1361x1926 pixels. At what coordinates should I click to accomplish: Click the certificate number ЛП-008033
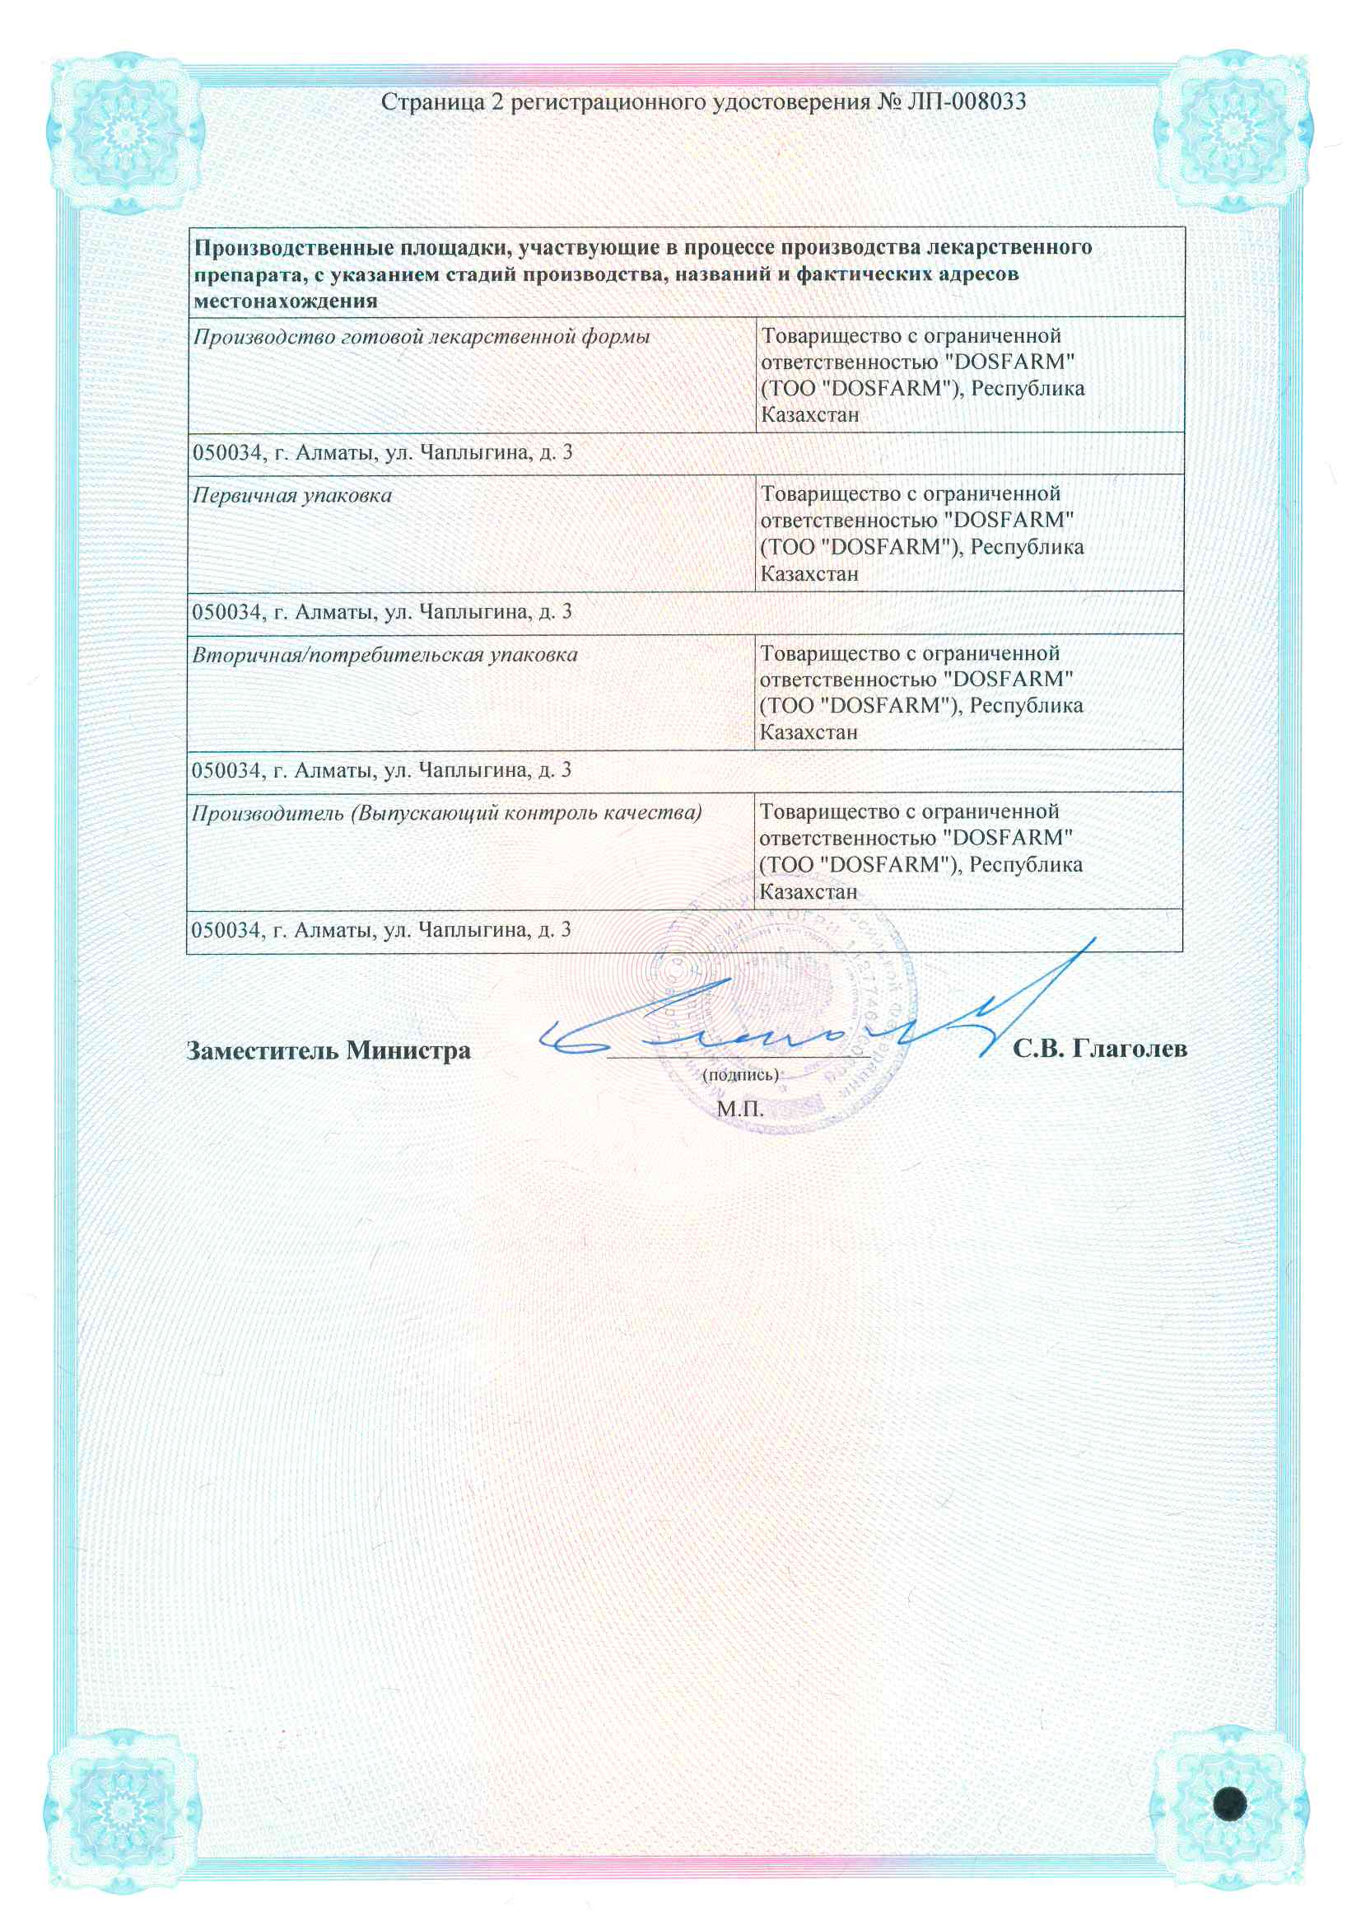pos(966,102)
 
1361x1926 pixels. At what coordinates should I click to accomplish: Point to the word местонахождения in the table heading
pos(285,301)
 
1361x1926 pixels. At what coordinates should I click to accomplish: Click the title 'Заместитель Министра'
pos(328,1050)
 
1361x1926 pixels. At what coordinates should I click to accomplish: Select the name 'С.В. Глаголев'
pos(1099,1049)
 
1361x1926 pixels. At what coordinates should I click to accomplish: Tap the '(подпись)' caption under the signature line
pos(740,1073)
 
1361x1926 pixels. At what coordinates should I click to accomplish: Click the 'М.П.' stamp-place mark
pos(740,1109)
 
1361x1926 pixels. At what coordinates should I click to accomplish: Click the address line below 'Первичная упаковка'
pos(381,611)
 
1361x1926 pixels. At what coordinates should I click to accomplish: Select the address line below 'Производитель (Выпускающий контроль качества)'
pos(381,929)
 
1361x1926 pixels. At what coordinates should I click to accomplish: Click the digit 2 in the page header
pos(496,102)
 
